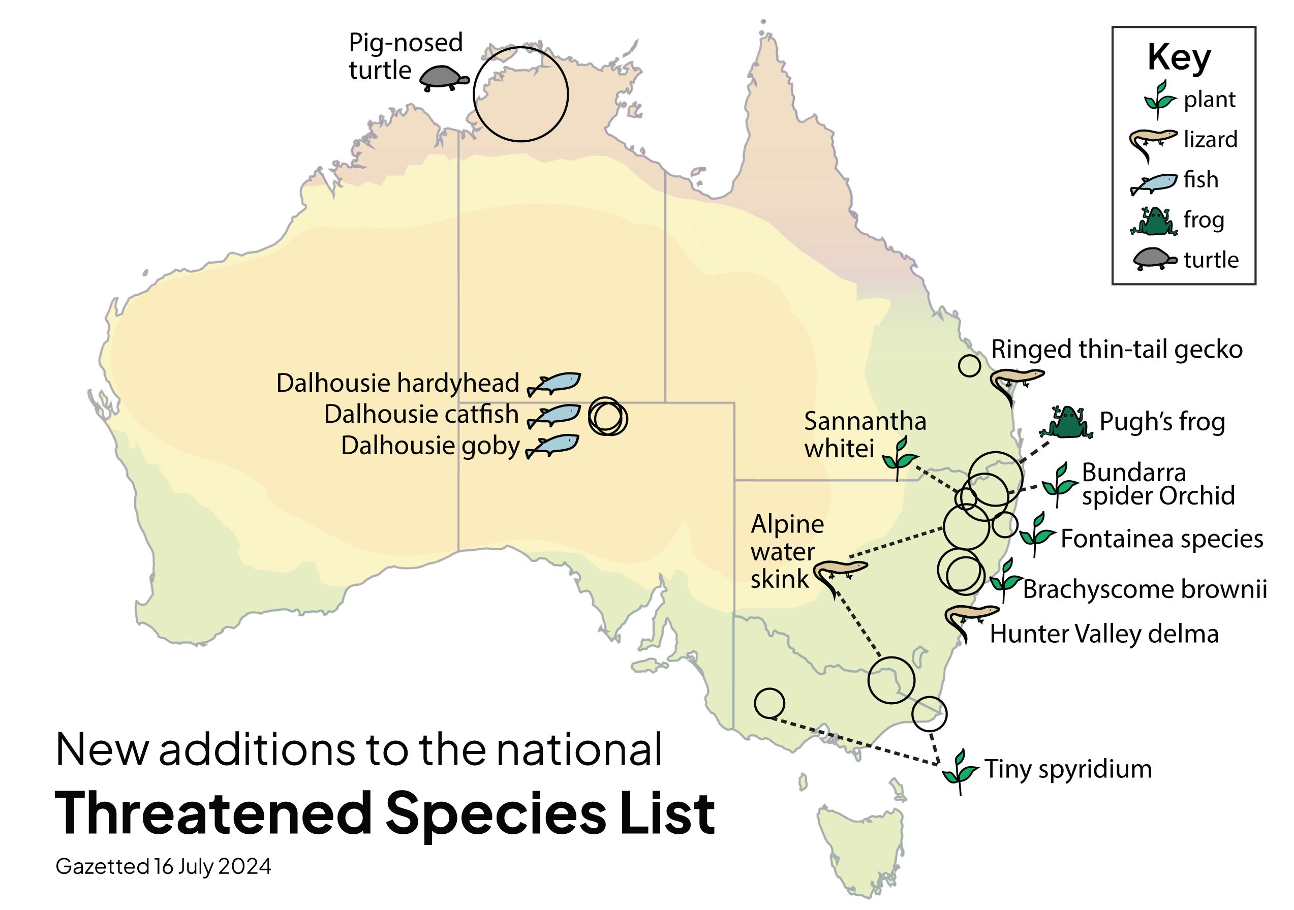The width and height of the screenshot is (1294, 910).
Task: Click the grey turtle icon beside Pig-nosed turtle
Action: point(444,78)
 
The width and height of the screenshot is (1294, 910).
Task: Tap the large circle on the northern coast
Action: point(520,94)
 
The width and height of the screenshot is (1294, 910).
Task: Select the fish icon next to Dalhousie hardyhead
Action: point(554,383)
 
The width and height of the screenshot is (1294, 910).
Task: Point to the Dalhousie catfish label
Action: point(421,414)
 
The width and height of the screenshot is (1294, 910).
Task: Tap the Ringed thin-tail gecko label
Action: point(1117,350)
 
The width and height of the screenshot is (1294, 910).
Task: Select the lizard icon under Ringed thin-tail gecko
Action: point(1015,383)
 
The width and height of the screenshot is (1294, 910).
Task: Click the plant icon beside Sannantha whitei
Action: point(900,457)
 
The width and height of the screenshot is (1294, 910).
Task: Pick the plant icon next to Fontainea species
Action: point(1036,534)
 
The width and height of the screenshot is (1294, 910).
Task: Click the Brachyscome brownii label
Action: point(1145,589)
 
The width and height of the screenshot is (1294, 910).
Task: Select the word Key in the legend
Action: point(1179,57)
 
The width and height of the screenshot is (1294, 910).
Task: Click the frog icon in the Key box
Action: point(1153,221)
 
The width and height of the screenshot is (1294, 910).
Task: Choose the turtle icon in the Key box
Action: point(1154,260)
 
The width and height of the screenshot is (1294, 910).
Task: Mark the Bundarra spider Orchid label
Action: point(1158,485)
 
